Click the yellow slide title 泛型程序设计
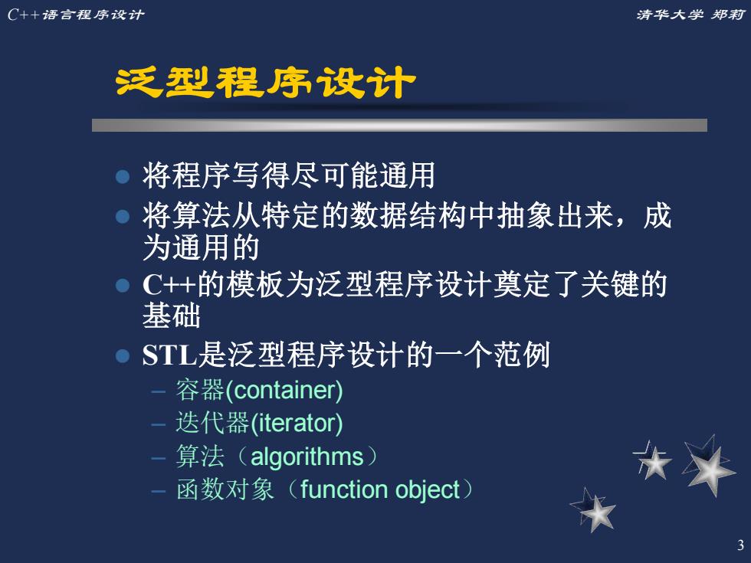265,83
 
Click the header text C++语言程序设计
76,15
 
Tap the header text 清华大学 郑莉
690,15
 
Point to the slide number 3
740,545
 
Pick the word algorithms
307,457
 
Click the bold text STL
169,355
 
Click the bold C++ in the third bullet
169,285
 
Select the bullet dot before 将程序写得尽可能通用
123,176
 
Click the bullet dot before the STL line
123,355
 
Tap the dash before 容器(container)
158,391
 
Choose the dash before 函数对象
158,491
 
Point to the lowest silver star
594,510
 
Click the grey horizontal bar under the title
399,125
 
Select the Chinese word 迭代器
212,423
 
